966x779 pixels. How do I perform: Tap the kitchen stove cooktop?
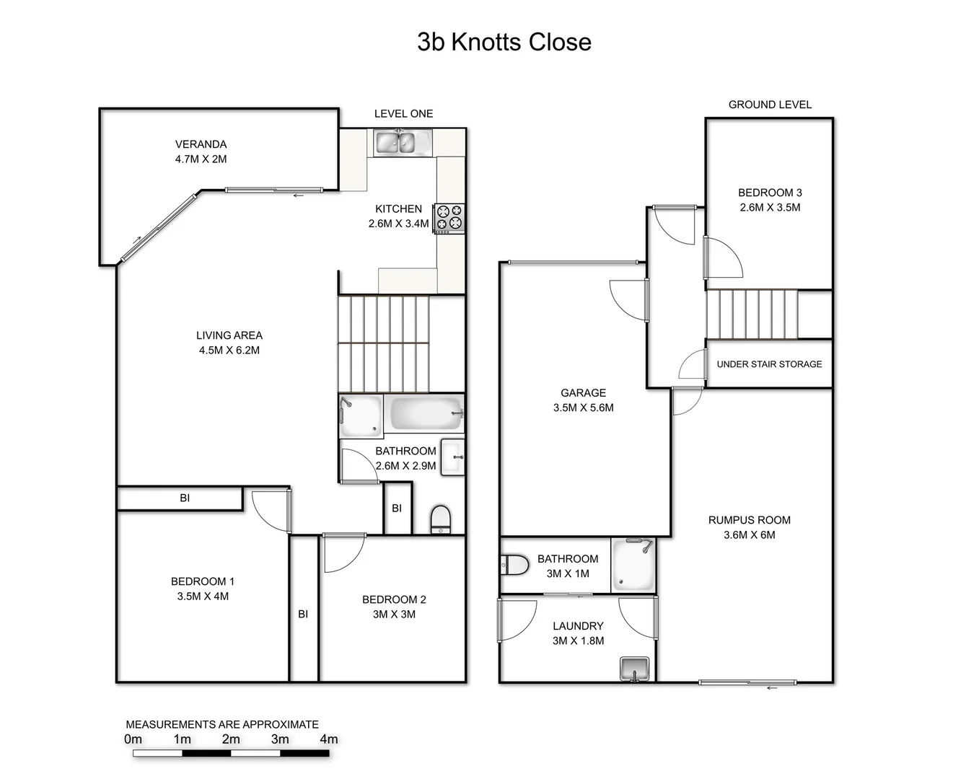click(449, 219)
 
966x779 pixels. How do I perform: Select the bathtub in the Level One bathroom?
click(424, 415)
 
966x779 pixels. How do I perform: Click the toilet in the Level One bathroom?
click(440, 519)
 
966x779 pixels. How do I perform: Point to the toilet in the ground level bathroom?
click(514, 565)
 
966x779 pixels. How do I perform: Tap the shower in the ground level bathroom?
click(633, 566)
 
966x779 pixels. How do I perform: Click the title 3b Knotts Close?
click(504, 42)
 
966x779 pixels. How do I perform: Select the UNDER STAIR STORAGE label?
click(769, 364)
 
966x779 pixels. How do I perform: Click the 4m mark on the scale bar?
click(329, 739)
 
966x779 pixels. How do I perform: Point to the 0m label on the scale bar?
click(133, 739)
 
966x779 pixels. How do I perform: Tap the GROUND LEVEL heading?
click(770, 105)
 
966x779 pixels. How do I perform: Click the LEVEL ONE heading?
click(403, 114)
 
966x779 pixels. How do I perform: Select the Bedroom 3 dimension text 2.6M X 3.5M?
click(770, 208)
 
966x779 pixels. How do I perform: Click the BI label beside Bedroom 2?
click(303, 614)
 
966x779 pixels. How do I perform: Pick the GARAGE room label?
click(583, 393)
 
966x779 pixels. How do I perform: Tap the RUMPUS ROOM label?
click(749, 520)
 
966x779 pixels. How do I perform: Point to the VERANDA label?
click(201, 144)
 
